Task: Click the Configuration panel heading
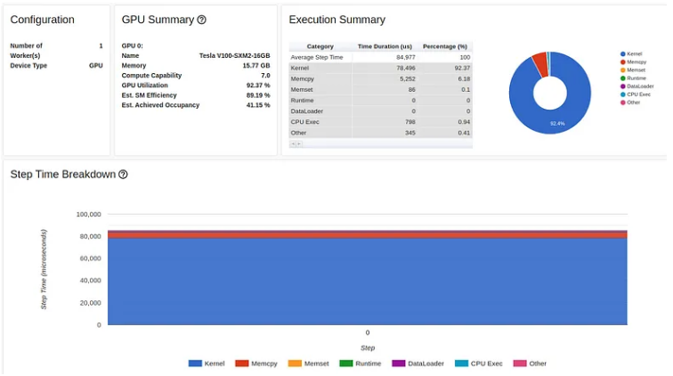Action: click(42, 20)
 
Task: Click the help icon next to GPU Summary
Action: click(202, 20)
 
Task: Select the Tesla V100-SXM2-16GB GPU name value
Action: click(234, 55)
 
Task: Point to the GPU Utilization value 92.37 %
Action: click(257, 85)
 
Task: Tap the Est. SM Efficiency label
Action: click(149, 94)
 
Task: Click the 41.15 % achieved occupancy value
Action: click(257, 105)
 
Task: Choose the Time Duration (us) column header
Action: click(385, 46)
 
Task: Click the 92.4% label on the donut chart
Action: click(557, 124)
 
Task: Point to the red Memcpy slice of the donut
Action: click(539, 63)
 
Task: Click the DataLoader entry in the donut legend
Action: click(639, 86)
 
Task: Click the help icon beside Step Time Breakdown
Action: click(123, 175)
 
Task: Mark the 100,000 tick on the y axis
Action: click(88, 215)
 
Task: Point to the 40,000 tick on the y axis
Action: click(90, 281)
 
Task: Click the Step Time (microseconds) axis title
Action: click(45, 269)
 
